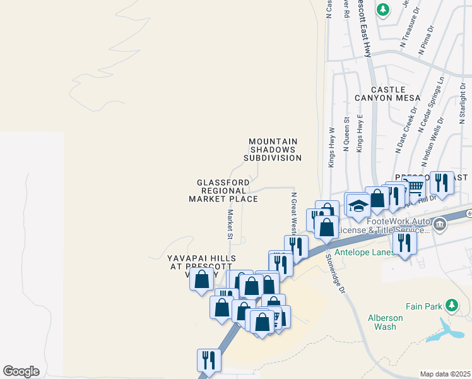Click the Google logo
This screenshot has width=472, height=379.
pos(21,371)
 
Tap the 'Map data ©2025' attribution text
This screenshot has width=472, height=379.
pos(445,374)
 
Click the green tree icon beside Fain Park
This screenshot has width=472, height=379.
pos(451,306)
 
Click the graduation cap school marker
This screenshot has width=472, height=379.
pos(358,207)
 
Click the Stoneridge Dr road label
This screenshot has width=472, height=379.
pos(334,273)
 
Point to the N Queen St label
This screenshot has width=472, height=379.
pos(346,133)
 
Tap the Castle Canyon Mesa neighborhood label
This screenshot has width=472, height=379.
pos(387,93)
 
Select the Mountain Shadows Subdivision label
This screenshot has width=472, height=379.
pos(273,150)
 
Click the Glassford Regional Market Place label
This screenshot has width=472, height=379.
pos(223,190)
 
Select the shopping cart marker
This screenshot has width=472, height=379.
pos(414,187)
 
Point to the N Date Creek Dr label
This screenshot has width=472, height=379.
pos(407,129)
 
